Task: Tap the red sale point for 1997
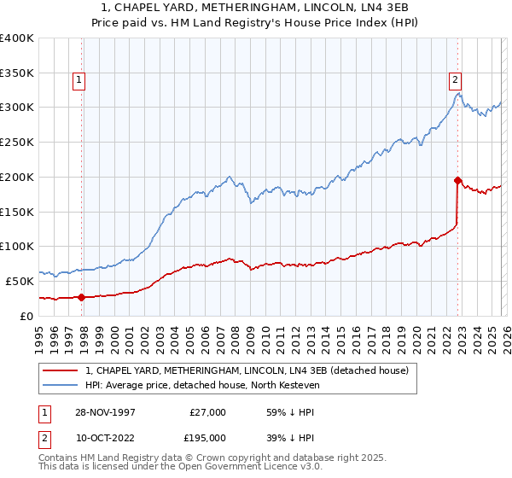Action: coord(82,297)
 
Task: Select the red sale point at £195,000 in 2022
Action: coord(458,180)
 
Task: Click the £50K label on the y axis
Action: coord(20,281)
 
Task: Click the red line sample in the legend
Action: coord(60,370)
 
